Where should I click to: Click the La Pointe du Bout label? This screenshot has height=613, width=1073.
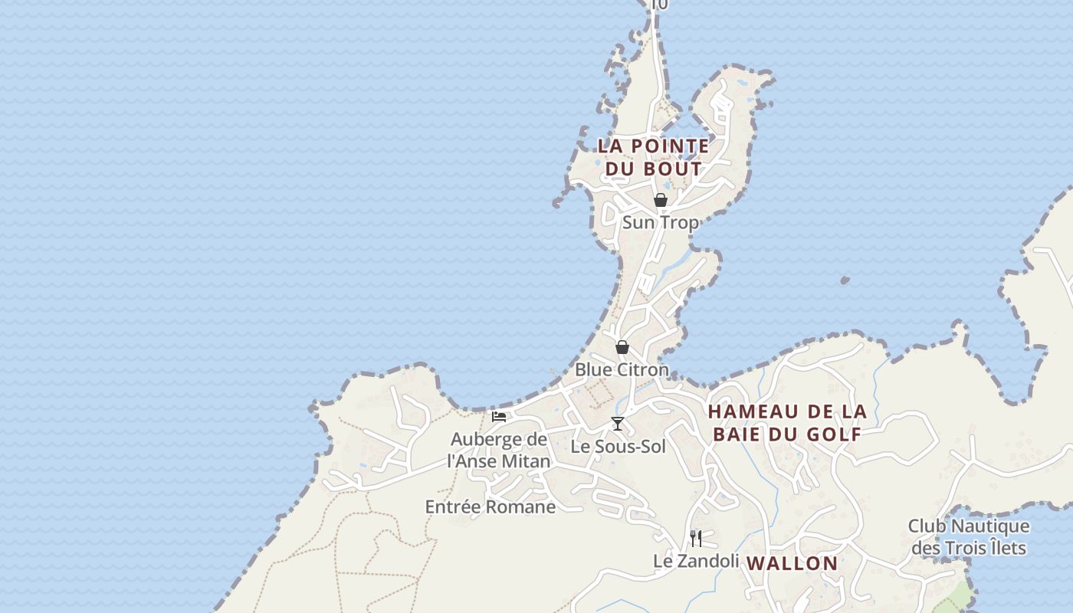tap(653, 156)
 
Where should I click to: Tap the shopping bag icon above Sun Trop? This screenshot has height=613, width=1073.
tap(660, 200)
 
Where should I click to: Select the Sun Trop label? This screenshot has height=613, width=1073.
tap(660, 223)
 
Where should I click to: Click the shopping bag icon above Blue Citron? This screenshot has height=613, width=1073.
tap(622, 347)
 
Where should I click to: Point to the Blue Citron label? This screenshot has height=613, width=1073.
tap(622, 369)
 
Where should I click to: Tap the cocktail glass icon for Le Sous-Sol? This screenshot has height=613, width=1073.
tap(617, 424)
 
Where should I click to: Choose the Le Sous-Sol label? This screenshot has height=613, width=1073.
tap(618, 446)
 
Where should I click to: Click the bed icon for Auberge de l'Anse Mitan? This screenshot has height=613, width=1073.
tap(499, 417)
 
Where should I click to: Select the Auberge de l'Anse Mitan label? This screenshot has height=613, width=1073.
tap(499, 450)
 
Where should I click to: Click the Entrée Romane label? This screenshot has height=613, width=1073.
tap(491, 506)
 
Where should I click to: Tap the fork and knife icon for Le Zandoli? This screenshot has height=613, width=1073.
tap(695, 538)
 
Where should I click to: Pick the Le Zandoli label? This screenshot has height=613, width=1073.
tap(696, 561)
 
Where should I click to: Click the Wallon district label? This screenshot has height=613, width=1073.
tap(792, 563)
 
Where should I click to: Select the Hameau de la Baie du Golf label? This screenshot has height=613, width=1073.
tap(787, 422)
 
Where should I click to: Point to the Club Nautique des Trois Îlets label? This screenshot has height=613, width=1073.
tap(969, 537)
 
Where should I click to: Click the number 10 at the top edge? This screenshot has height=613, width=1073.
tap(658, 5)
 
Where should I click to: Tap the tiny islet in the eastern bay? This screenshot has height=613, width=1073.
tap(845, 280)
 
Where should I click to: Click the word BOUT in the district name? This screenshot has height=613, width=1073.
tap(674, 169)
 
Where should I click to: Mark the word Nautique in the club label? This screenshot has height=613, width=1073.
tap(989, 526)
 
